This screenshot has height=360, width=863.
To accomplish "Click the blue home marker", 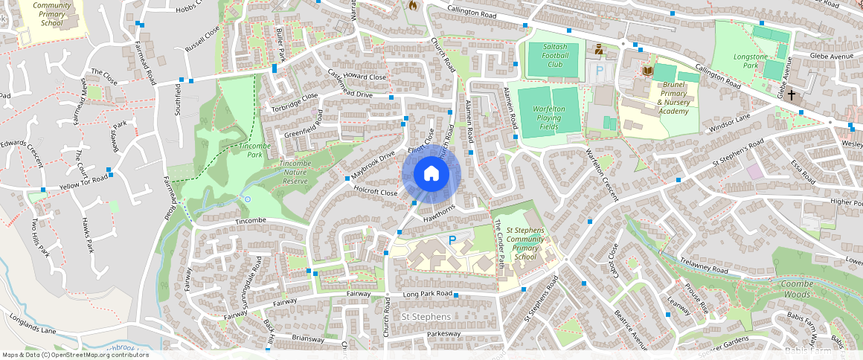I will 431,174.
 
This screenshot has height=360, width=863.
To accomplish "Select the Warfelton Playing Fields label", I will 549,118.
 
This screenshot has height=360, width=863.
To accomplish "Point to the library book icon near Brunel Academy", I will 647,71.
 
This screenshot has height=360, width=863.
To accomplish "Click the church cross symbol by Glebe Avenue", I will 792,95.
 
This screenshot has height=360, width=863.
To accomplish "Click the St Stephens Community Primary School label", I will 525,243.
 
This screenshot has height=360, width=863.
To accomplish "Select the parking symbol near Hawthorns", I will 452,240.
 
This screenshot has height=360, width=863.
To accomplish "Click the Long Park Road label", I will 427,295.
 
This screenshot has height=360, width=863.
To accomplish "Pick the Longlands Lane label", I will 33,325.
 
